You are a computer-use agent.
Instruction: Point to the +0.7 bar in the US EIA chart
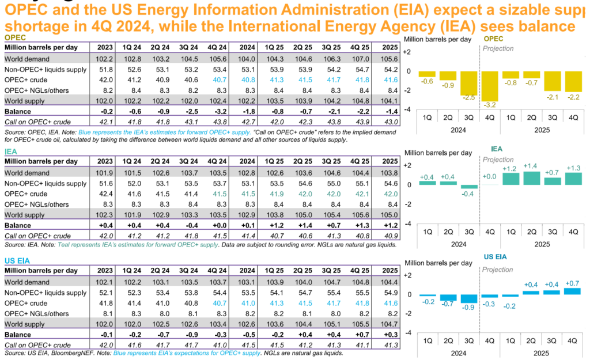point(572,291)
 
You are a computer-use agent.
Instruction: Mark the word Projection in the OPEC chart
point(498,49)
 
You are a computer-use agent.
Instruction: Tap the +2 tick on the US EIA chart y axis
point(407,275)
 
